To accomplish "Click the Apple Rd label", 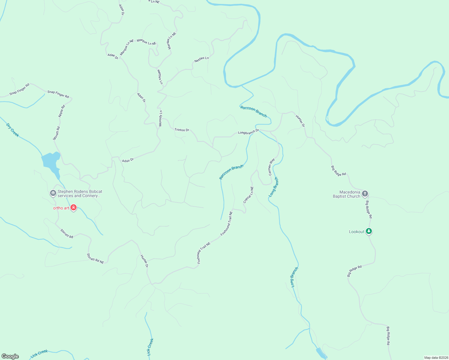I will click(62, 111).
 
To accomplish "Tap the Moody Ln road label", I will click(161, 118).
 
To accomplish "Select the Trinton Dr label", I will click(182, 130).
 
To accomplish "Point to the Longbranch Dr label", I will click(248, 132).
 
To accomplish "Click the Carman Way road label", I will click(271, 167).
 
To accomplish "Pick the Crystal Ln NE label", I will click(249, 195).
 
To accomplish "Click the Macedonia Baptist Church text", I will click(346, 194).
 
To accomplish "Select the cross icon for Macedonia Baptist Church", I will click(365, 193).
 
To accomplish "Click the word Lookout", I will click(357, 232).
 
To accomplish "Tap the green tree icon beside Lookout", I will click(369, 231).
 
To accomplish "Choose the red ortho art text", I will click(61, 208).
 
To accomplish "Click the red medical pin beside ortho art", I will click(74, 208).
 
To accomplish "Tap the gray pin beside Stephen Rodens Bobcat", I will click(53, 193).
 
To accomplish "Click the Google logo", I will click(10, 356).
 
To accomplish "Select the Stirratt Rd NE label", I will click(95, 259).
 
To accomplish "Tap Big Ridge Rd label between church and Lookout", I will click(369, 209).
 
